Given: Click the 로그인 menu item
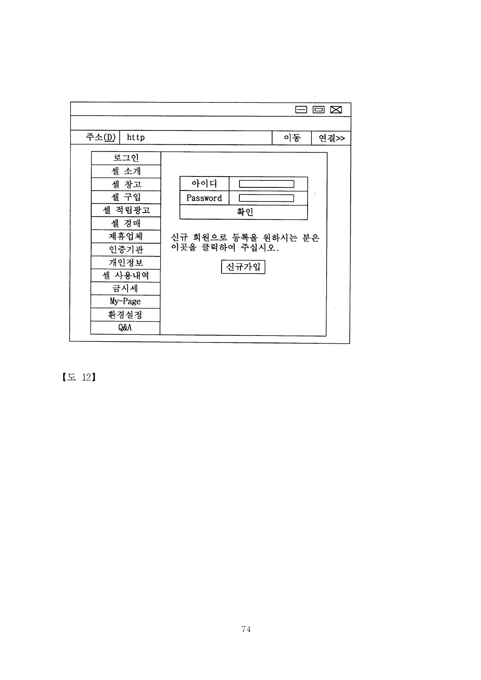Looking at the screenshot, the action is coord(126,158).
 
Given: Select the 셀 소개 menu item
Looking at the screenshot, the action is coord(126,171).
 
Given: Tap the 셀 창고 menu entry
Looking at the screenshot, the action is coord(126,184).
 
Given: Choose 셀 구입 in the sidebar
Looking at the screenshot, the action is coord(126,197).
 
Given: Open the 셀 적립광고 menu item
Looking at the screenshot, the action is coord(126,210).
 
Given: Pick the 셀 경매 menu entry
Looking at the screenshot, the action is coord(126,223).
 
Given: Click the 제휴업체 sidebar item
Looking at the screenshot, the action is coord(126,236).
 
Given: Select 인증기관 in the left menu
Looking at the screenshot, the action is coord(126,249).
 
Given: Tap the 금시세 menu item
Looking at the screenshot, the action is coord(126,289).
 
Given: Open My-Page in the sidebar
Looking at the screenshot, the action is coord(125,301).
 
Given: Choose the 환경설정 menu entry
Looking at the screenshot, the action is coord(125,315).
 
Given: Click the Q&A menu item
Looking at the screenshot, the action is coord(125,328).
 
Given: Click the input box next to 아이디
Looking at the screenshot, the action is coord(266,184).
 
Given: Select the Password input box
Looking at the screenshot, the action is coord(266,198).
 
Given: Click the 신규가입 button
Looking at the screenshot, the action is coord(243,267).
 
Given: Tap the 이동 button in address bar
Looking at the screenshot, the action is coord(292,138).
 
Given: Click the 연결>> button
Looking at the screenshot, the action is coord(331,138).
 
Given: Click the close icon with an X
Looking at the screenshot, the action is coord(336,109).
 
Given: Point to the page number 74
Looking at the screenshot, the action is coord(246,629).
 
